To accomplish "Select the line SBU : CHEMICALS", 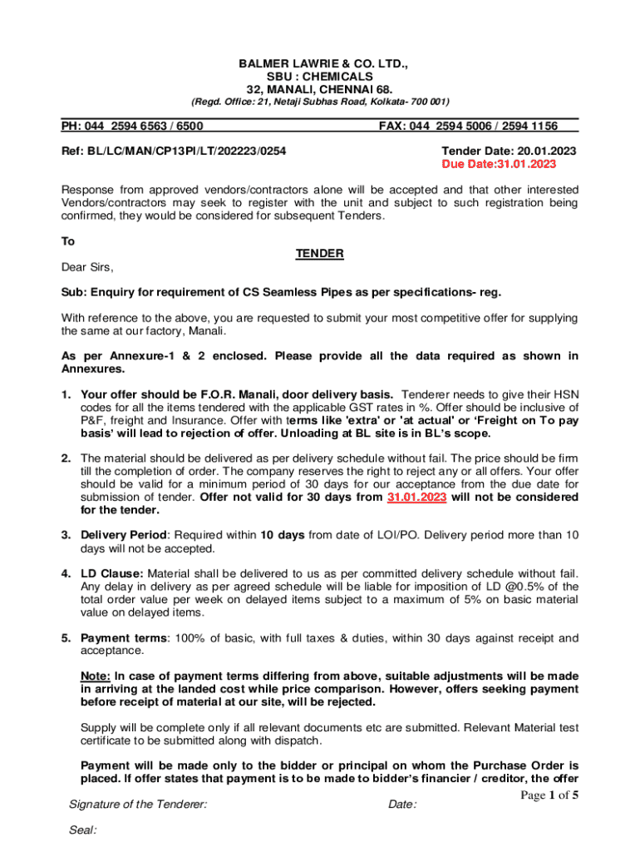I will click(320, 76).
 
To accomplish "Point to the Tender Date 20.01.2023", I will click(509, 151).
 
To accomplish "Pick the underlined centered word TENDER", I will click(320, 254).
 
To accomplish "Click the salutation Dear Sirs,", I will click(86, 267).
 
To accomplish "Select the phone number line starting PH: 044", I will click(133, 126).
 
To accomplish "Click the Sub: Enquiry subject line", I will click(281, 293).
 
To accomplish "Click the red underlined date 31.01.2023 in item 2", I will click(416, 497).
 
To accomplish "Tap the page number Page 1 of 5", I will click(549, 795).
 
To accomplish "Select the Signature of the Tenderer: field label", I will click(138, 805).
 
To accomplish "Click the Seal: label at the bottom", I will click(83, 830).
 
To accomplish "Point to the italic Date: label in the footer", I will click(402, 805).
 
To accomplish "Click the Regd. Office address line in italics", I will click(320, 102).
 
